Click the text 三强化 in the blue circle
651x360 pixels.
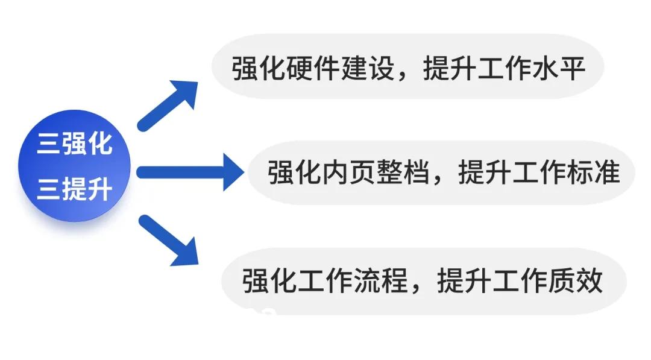(75, 144)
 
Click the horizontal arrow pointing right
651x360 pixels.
(190, 172)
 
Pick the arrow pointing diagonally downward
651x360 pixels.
(168, 239)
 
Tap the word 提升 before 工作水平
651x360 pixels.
(450, 68)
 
